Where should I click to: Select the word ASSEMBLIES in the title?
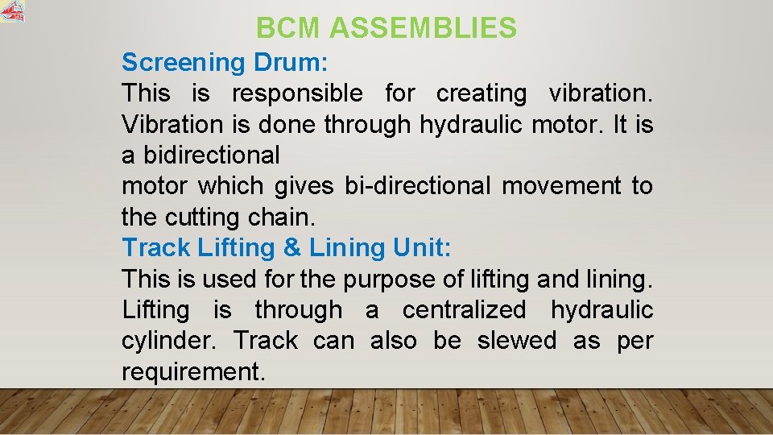(423, 29)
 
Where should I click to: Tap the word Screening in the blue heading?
(183, 62)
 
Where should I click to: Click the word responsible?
(297, 93)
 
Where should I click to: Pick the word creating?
(481, 93)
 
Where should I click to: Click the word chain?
(289, 217)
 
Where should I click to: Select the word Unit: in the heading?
(423, 248)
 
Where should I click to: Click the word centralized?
(464, 310)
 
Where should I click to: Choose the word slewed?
(517, 341)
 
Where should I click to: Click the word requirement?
(192, 372)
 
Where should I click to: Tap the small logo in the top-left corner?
(13, 10)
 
